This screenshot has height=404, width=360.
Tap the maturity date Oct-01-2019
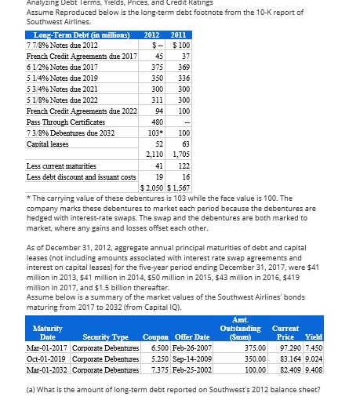pyautogui.click(x=50, y=358)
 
